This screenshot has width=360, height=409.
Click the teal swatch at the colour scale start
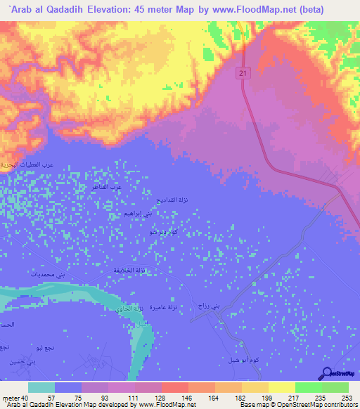coord(41,387)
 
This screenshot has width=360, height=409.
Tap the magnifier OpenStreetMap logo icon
coord(326,375)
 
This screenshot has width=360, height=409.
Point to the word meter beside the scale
coord(9,397)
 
